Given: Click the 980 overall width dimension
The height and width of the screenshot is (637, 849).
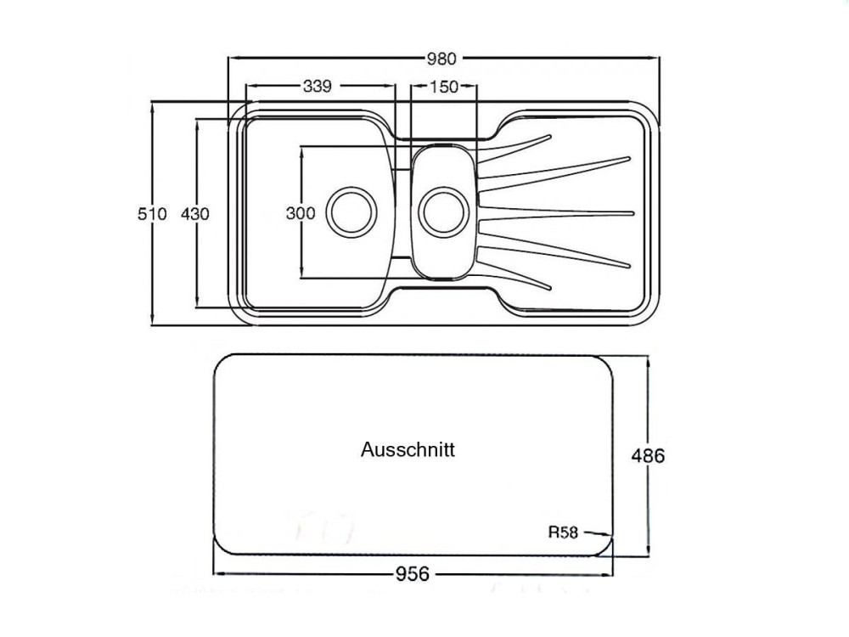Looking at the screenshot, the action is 441,59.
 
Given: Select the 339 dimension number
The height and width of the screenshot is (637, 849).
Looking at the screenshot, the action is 318,86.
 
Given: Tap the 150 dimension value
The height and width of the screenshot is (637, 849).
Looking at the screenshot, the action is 445,87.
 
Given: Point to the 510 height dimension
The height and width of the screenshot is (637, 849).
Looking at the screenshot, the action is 152,214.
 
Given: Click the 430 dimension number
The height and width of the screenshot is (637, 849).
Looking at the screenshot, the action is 195,214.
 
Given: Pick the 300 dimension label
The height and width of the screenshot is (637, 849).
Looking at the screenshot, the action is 301,213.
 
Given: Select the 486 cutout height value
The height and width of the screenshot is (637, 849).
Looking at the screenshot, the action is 648,456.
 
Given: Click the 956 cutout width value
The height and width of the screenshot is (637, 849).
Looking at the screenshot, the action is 413,573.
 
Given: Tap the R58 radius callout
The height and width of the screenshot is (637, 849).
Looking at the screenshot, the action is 563,533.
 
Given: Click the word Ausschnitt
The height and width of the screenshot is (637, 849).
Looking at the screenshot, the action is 408,449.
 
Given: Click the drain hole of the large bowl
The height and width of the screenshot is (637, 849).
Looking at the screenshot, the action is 351,212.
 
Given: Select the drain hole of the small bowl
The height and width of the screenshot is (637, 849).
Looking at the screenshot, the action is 444,212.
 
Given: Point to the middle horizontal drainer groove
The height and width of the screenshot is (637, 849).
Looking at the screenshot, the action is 556,213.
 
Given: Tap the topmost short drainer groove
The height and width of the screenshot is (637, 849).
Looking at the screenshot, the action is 514,148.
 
